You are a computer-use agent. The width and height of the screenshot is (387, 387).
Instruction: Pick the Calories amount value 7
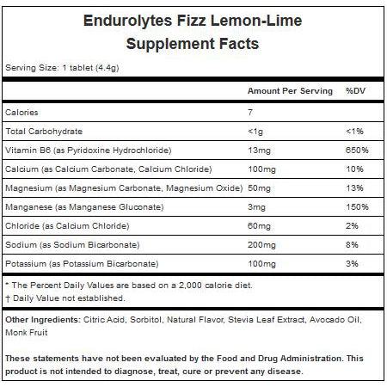[250, 112]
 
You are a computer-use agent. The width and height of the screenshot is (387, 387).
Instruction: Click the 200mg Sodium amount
[260, 245]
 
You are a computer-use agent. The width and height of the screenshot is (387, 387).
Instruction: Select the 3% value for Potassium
[353, 265]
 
